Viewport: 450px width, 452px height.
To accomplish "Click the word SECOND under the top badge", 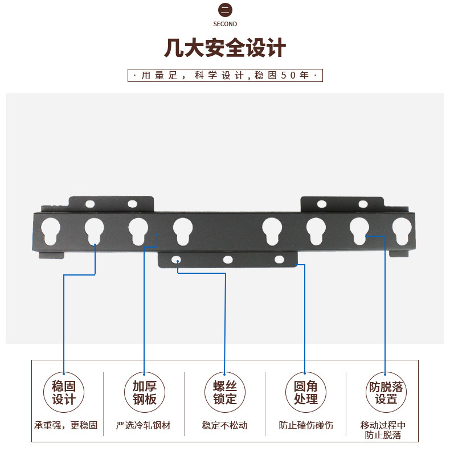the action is click(225, 24).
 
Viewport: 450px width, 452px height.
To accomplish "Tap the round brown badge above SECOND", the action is click(225, 10).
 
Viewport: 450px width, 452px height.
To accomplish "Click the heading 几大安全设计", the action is click(225, 48).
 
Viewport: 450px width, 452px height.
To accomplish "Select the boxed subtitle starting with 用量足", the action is click(225, 75).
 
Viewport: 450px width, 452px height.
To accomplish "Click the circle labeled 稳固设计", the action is click(64, 393).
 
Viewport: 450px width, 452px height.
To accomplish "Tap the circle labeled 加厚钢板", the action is click(144, 393).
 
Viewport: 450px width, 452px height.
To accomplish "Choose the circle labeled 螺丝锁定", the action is click(225, 393).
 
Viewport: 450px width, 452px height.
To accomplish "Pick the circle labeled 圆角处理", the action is click(306, 393).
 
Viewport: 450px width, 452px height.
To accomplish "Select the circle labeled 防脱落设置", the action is click(386, 393).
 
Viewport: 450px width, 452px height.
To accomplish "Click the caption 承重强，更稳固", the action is click(66, 425).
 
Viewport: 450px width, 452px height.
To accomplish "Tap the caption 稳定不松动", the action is click(225, 425).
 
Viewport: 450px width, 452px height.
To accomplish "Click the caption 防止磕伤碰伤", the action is click(306, 425).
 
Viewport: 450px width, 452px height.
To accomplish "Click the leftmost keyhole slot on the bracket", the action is click(50, 231).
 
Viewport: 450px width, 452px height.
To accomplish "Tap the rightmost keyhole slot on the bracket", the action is click(401, 230).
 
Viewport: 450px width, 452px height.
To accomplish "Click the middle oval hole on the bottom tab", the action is click(228, 260).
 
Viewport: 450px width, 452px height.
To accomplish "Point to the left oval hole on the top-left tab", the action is click(90, 203).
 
